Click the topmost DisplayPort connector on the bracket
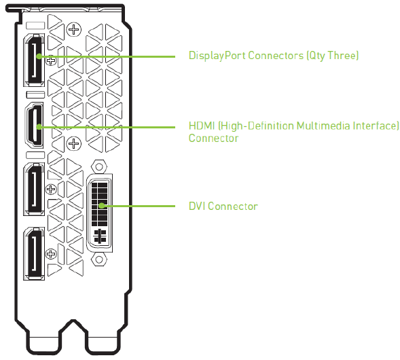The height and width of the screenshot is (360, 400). (x=34, y=60)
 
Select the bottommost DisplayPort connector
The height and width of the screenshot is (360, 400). (x=34, y=253)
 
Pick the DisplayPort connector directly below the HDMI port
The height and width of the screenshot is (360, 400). (x=34, y=189)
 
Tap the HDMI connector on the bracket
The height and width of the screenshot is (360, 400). (x=35, y=125)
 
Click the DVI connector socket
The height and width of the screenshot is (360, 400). (x=99, y=213)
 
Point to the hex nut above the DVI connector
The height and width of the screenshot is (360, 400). (x=99, y=167)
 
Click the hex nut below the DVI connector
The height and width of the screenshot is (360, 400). (x=99, y=259)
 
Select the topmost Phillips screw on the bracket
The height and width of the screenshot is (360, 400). (x=74, y=30)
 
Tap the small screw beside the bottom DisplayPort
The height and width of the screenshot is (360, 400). (x=51, y=254)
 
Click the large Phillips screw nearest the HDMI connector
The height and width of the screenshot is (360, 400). (x=74, y=143)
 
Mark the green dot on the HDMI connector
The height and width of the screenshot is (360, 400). (x=39, y=126)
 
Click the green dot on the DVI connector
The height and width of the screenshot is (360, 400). (x=102, y=205)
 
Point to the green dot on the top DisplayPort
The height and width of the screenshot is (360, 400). (x=39, y=56)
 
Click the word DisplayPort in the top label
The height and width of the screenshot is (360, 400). (x=217, y=56)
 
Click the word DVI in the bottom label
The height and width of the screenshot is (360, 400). (x=197, y=206)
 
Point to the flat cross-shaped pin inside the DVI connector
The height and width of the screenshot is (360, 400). (x=99, y=236)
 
